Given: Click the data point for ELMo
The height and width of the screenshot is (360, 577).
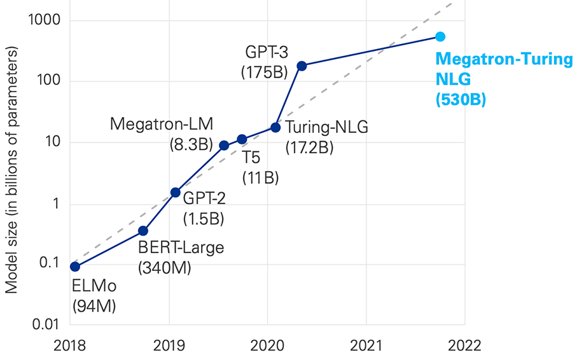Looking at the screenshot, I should point(75,267).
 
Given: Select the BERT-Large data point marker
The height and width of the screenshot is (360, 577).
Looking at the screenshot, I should point(143,230).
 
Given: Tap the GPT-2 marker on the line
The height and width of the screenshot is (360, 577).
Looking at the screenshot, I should point(176,192).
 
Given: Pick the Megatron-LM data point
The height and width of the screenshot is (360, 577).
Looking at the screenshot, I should point(224,145).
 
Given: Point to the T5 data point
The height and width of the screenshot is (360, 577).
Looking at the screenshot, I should point(242,139).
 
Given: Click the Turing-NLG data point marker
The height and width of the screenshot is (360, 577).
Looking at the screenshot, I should point(275,127).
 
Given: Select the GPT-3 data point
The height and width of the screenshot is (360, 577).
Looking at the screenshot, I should point(302,66).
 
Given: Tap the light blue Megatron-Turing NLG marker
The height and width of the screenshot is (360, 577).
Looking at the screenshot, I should point(440,37).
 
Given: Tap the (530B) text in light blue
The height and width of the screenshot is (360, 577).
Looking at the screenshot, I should point(461,99).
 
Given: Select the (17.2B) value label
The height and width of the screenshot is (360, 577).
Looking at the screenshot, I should point(310,148).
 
